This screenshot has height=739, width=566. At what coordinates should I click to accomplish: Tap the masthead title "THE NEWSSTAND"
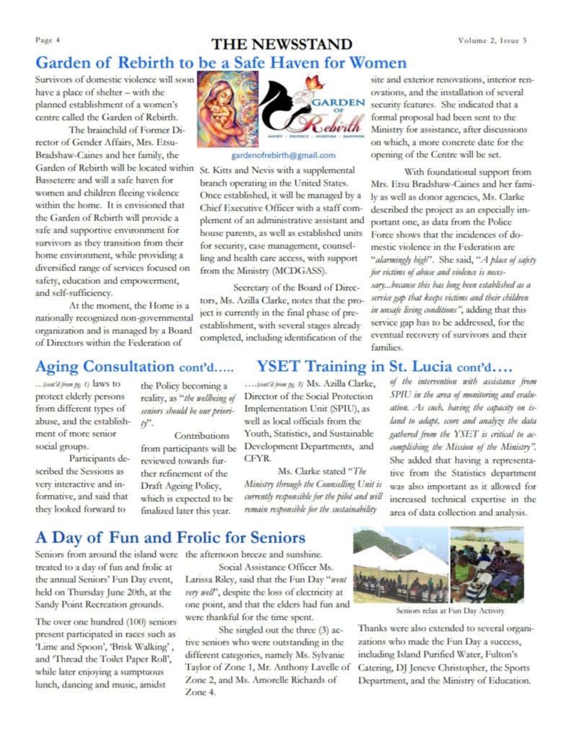click(282, 44)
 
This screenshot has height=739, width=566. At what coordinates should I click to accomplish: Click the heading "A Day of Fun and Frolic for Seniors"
click(170, 538)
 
